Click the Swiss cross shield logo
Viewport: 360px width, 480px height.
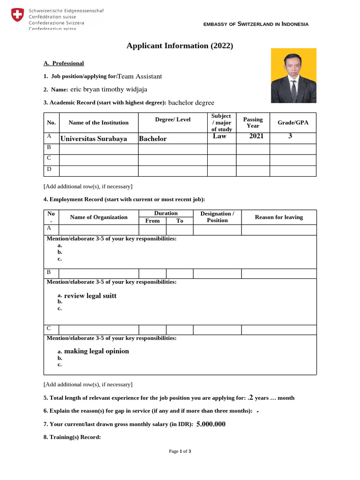17,15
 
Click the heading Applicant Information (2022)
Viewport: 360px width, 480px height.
180,45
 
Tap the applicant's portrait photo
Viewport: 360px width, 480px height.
293,75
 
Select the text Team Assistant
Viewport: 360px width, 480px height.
140,76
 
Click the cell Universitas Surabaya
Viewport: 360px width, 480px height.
94,139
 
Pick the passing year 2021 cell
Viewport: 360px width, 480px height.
256,136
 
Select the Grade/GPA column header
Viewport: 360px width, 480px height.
293,123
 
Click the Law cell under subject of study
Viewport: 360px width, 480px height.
219,136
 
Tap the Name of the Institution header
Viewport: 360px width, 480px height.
98,123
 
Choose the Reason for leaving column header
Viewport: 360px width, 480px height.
279,217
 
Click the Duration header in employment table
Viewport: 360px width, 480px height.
165,213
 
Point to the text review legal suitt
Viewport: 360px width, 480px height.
90,296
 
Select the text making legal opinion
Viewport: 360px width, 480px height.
96,351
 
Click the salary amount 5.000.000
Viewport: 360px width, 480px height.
211,424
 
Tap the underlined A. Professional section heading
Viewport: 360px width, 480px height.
64,63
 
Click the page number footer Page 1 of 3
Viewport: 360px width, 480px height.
180,451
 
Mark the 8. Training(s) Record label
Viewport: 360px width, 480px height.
72,437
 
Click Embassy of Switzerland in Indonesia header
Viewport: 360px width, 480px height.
256,24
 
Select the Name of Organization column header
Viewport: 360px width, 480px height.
98,217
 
